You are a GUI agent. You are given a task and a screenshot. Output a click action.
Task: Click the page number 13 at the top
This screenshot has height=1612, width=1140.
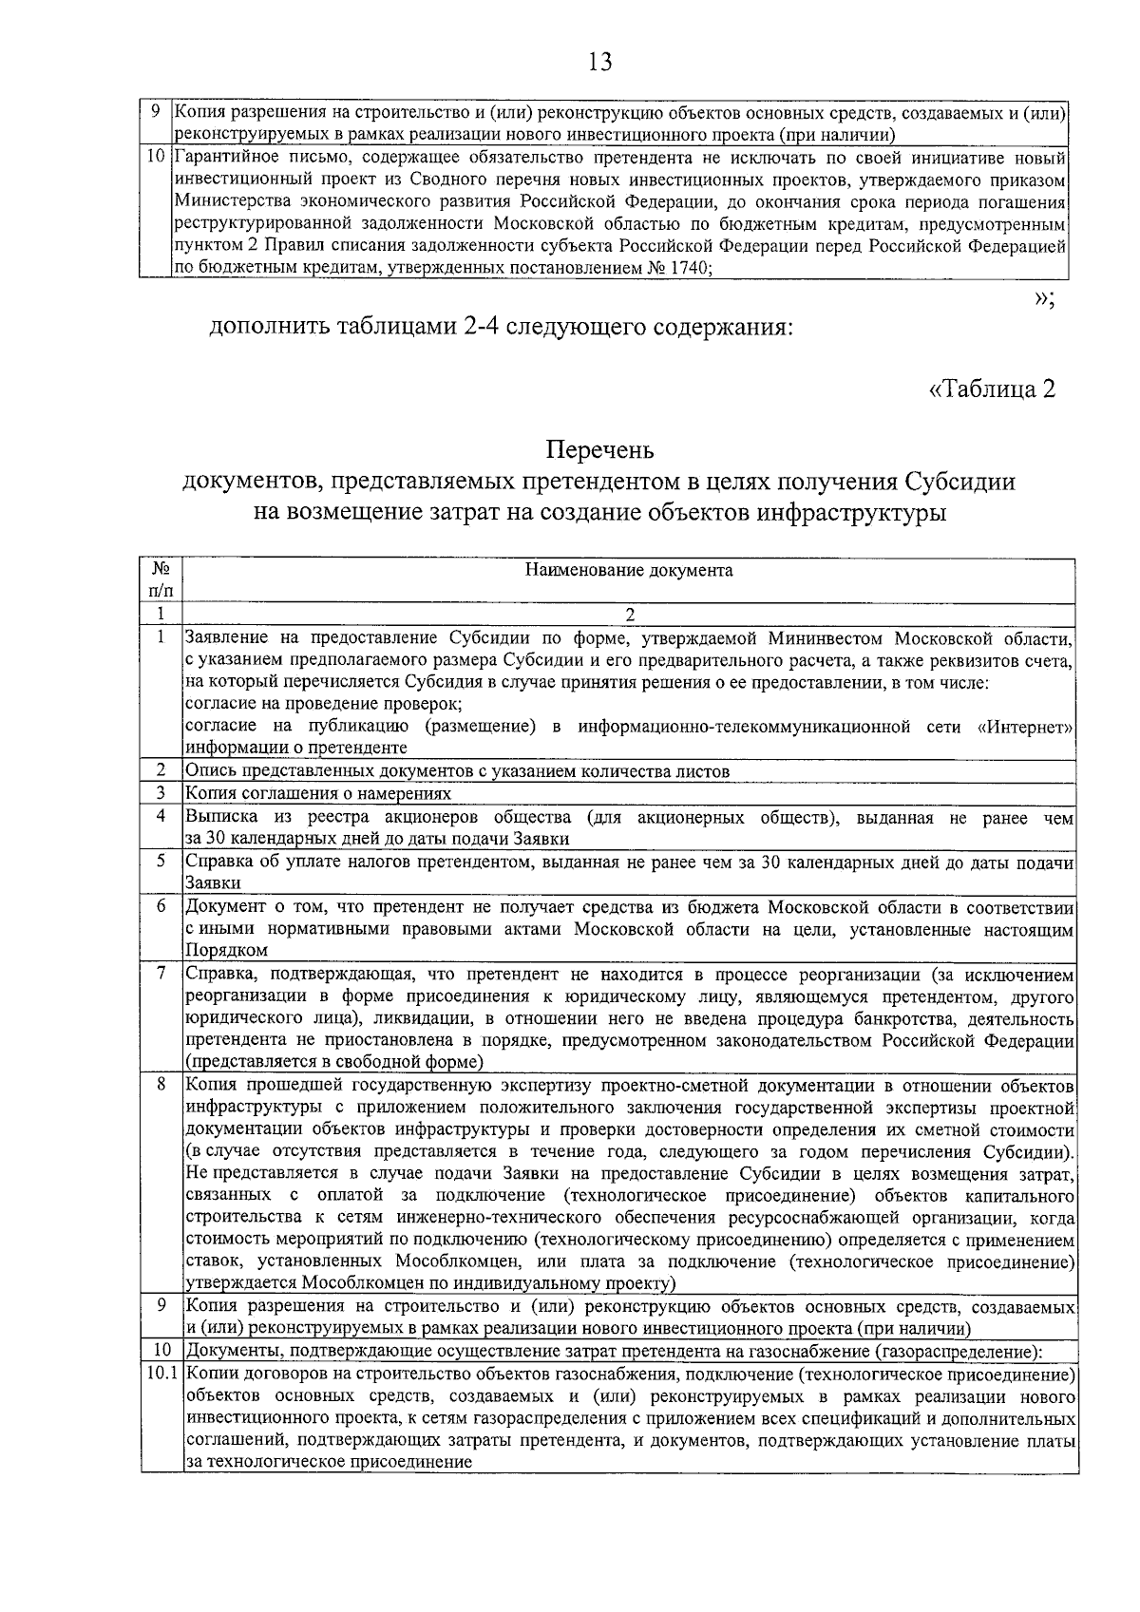pos(599,63)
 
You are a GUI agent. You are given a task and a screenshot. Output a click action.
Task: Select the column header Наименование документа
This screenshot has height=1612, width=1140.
pos(629,570)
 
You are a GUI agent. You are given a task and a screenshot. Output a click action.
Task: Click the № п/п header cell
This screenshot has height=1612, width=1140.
pos(161,579)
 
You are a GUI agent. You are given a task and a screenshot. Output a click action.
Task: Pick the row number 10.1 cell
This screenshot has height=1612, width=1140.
pos(161,1375)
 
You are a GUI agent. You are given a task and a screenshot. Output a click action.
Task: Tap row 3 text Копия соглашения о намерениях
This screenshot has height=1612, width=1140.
pos(317,793)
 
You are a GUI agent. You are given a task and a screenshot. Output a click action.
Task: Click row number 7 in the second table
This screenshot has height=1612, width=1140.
pos(161,973)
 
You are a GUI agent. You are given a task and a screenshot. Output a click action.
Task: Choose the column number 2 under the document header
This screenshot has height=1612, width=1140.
pos(629,614)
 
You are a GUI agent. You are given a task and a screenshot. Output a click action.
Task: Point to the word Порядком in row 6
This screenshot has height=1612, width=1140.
pos(226,950)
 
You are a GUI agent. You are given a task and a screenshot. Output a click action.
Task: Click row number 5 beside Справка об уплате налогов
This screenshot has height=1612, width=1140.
pos(161,862)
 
